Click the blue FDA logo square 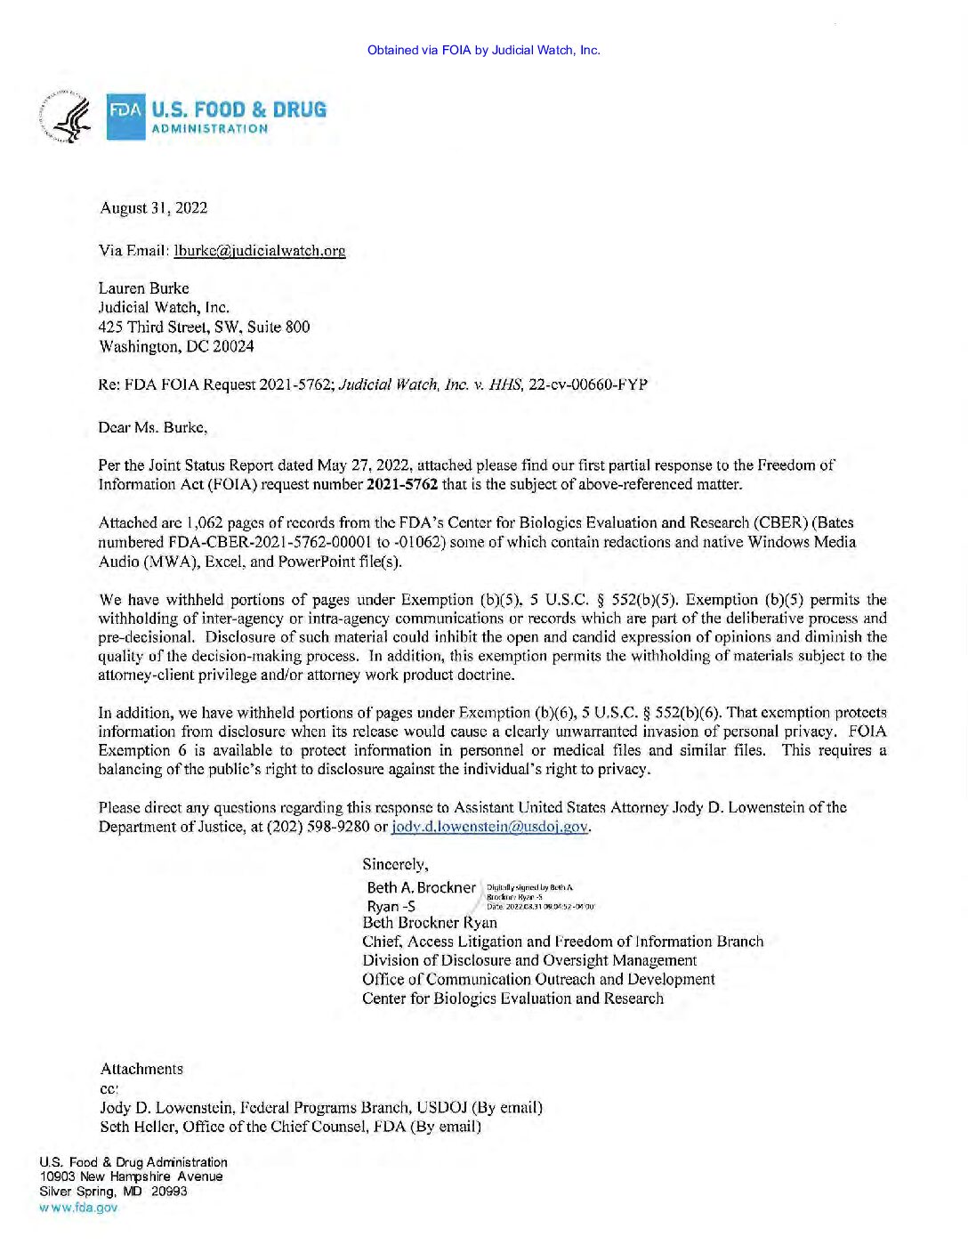coord(125,117)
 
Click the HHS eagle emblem coord(67,117)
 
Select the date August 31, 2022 coord(154,208)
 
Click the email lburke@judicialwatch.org coord(260,251)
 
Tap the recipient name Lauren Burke coord(143,288)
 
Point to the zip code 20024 coord(233,347)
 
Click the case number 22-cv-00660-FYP coord(587,385)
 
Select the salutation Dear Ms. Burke coord(152,428)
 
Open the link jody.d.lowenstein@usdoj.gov coord(489,827)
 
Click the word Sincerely coord(394,864)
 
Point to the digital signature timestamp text coord(539,907)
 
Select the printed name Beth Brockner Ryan coord(429,923)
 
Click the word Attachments coord(141,1070)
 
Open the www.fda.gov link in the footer coord(78,1208)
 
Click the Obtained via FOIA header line coord(483,50)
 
